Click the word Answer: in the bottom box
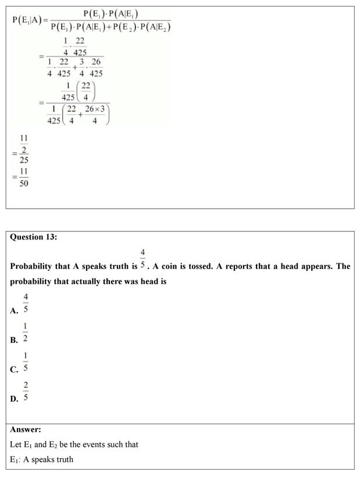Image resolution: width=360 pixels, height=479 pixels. tap(26, 430)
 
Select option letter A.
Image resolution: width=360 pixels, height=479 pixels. tap(14, 311)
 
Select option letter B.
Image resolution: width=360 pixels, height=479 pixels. tap(14, 341)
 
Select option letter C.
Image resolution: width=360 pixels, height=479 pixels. tap(14, 370)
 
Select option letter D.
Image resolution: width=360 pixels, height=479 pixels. tap(14, 399)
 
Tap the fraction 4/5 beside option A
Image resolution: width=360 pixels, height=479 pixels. tap(26, 304)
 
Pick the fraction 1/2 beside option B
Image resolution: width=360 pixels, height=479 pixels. tap(26, 333)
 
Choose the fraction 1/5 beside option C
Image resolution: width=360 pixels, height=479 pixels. tap(26, 362)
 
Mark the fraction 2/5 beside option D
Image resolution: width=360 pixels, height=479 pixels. tap(26, 391)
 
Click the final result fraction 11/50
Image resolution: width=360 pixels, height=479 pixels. tap(24, 177)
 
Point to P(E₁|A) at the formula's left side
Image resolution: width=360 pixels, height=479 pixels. tap(27, 20)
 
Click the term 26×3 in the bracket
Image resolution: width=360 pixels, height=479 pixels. tap(95, 109)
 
